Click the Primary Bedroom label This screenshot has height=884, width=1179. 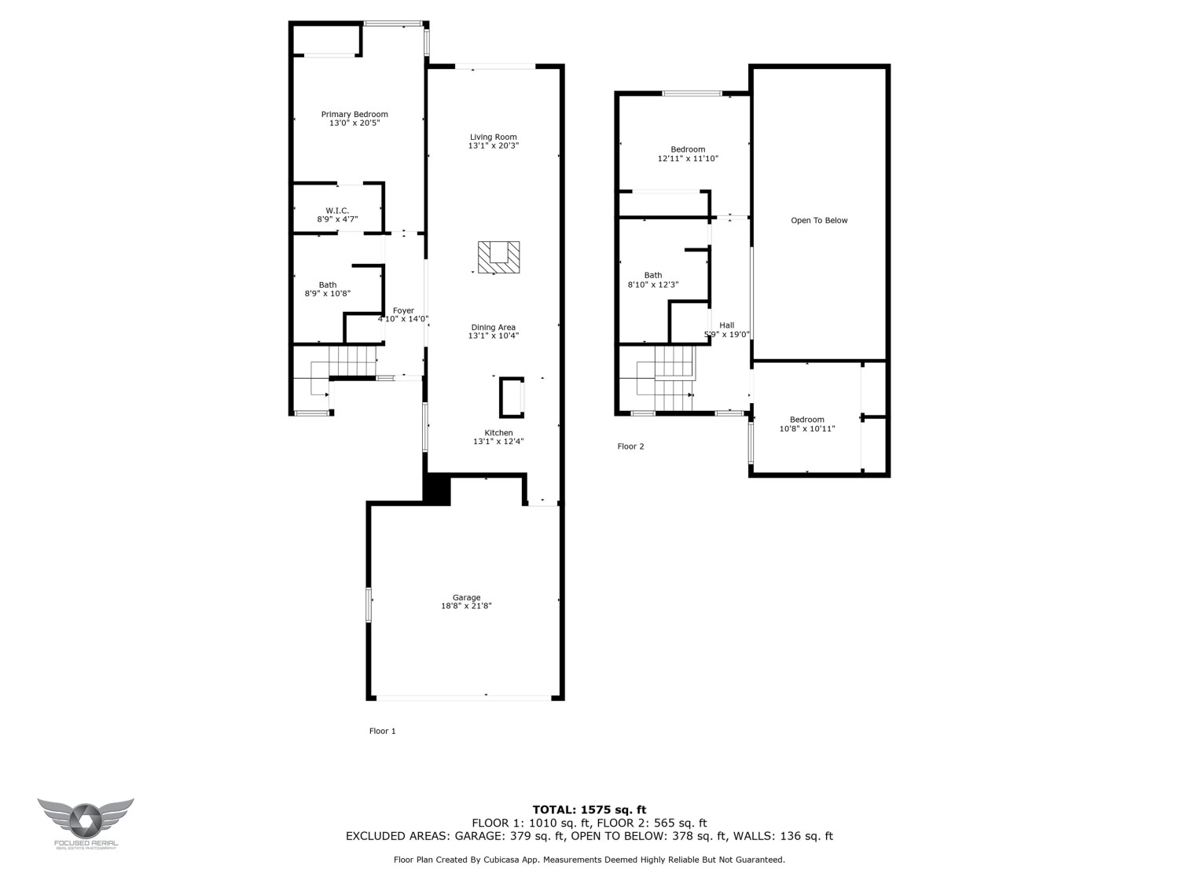(354, 115)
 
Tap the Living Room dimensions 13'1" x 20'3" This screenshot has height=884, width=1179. (494, 146)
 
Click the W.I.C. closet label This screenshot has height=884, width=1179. (337, 211)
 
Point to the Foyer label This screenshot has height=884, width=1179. (403, 311)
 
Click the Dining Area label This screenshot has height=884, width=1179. (493, 328)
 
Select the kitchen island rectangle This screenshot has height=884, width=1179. (511, 398)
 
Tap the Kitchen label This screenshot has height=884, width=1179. (498, 433)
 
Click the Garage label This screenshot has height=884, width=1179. (466, 597)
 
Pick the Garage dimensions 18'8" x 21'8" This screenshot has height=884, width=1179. (466, 606)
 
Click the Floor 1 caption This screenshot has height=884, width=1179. (383, 731)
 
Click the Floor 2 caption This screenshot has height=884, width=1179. (630, 446)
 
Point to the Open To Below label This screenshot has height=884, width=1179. (819, 221)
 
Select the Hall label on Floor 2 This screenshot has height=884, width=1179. (726, 325)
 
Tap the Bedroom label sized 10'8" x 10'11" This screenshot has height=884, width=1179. (807, 420)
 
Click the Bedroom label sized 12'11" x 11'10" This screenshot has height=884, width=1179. (688, 149)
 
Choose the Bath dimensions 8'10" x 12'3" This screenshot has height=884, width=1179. (652, 284)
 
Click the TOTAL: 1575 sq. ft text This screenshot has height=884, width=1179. (589, 809)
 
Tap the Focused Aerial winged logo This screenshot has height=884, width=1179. (85, 820)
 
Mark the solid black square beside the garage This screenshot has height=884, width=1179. (437, 490)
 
